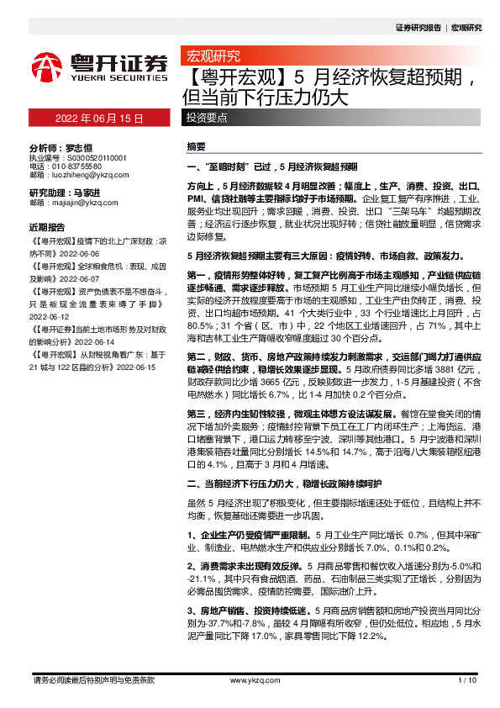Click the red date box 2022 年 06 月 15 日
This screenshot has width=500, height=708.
pyautogui.click(x=99, y=119)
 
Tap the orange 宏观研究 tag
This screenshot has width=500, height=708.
pyautogui.click(x=212, y=56)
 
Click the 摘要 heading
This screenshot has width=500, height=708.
pyautogui.click(x=195, y=146)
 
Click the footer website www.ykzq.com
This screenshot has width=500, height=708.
pyautogui.click(x=249, y=680)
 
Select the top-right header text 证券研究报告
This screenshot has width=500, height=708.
pyautogui.click(x=418, y=28)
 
